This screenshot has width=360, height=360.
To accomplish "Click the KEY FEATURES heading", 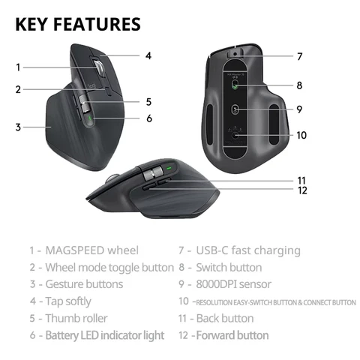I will [78, 24].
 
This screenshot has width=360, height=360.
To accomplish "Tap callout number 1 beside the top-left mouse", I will [17, 67].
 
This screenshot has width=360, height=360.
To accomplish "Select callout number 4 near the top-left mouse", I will [148, 55].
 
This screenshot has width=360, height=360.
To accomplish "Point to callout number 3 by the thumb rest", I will [17, 127].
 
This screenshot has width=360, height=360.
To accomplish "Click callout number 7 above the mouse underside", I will [299, 56].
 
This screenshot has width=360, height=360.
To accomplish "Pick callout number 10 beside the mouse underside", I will [301, 136].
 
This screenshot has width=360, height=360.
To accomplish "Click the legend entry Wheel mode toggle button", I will [109, 267].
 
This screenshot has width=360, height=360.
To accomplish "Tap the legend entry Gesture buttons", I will [84, 284].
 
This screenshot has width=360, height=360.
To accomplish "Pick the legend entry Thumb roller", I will [76, 318].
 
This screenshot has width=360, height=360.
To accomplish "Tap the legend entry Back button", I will [224, 318].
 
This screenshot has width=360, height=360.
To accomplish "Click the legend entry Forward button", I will [232, 335].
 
